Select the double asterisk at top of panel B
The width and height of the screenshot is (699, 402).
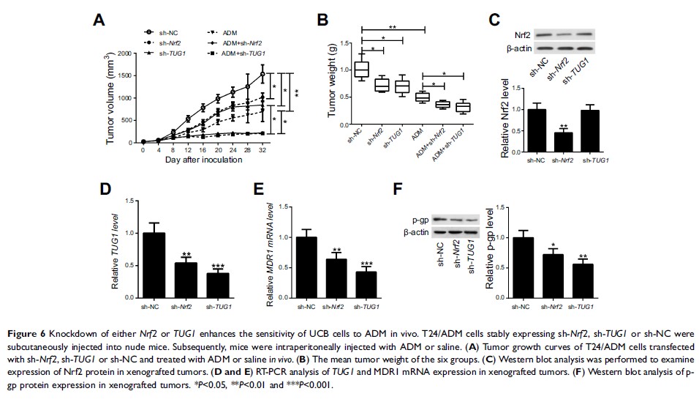[x=393, y=27]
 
